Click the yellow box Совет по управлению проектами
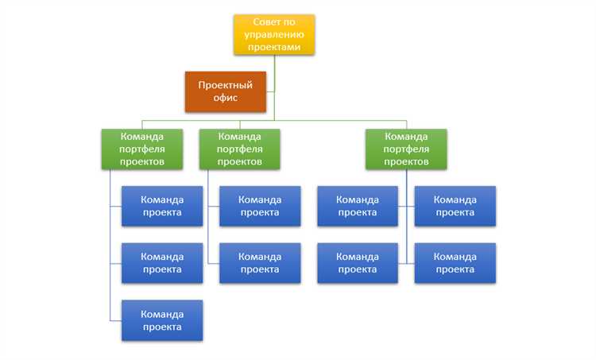[274, 34]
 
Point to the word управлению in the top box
[274, 34]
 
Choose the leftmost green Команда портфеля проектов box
[142, 149]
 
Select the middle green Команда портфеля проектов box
[240, 149]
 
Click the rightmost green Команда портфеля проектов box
[406, 149]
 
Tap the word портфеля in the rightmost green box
[406, 149]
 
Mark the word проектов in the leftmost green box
[142, 161]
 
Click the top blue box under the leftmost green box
[162, 206]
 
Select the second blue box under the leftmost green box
[162, 263]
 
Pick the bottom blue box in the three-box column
[162, 320]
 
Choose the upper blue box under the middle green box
[260, 206]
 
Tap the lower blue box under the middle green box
[260, 263]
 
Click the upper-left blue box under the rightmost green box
[358, 206]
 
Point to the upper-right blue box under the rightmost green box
[455, 206]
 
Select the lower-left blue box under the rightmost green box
[358, 263]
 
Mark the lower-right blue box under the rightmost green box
[455, 263]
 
